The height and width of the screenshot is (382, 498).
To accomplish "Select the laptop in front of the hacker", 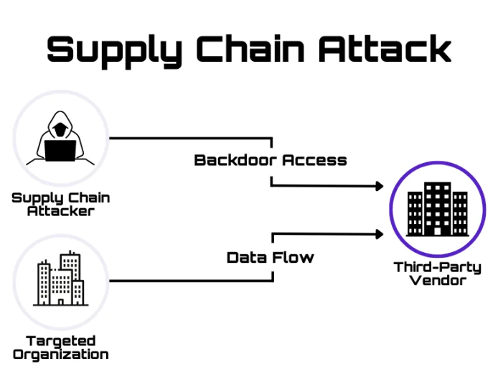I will click(x=60, y=151).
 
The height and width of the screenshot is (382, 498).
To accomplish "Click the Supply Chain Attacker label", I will click(x=60, y=203).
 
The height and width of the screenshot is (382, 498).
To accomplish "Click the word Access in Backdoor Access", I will click(x=314, y=159).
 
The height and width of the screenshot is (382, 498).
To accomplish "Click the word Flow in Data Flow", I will click(x=292, y=256).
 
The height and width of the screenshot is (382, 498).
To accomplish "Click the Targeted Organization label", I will click(x=60, y=347).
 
